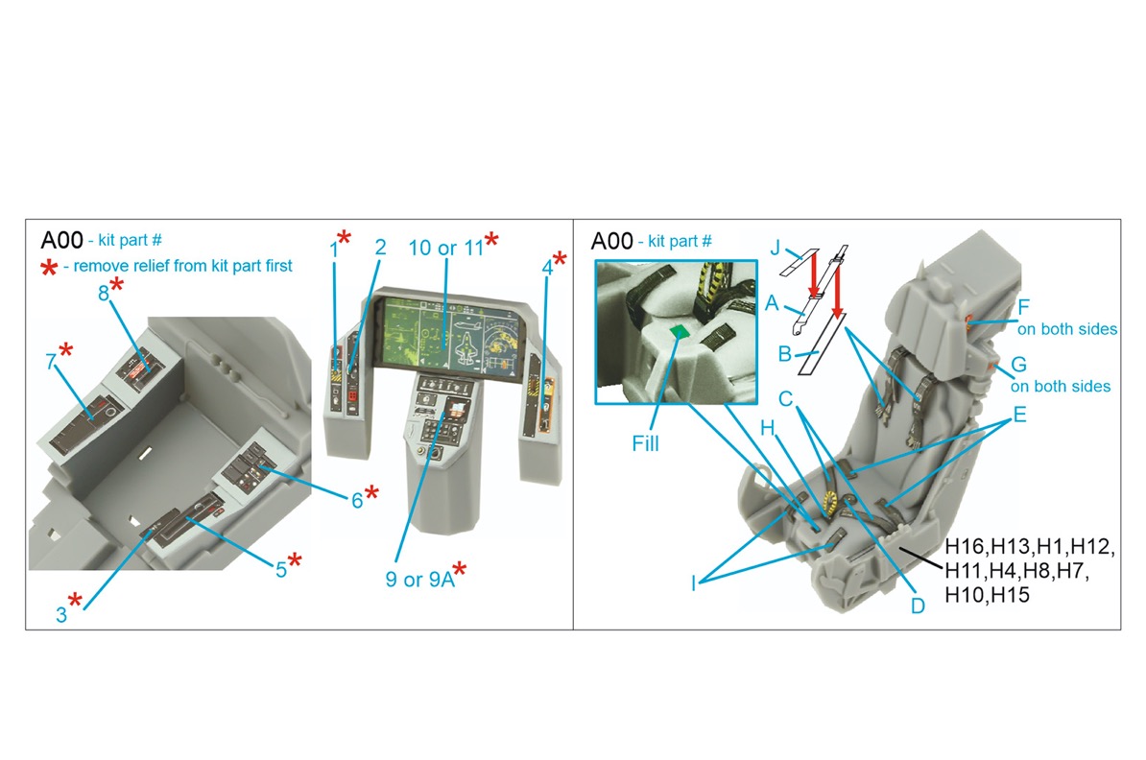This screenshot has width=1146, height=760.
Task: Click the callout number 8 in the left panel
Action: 104,293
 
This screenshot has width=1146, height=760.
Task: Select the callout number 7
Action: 51,362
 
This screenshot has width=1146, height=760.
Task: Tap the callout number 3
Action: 61,615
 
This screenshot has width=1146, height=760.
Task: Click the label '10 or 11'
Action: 446,248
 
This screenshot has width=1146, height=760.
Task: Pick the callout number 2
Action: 380,247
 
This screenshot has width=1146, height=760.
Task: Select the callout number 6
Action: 357,501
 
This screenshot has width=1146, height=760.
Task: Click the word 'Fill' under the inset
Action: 645,443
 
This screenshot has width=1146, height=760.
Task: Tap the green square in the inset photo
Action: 679,332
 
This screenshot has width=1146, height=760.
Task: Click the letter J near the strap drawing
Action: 776,249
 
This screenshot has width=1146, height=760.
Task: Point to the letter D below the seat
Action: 918,606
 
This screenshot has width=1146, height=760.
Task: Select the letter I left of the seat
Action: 694,583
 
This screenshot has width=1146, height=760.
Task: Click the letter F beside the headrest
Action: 1023,308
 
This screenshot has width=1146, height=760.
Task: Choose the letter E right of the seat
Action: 1019,416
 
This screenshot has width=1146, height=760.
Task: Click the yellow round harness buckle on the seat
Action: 829,501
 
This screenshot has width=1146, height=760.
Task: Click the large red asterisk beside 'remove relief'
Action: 49,268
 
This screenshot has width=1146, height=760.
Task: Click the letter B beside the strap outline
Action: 784,354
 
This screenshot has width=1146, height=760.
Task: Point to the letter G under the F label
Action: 1018,364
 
